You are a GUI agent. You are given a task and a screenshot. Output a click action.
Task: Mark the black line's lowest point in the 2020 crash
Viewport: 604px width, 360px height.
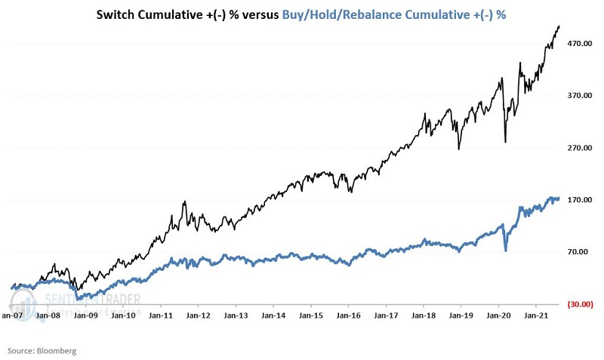[x=505, y=141]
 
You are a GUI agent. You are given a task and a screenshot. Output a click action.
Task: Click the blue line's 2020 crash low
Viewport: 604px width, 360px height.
[x=506, y=250]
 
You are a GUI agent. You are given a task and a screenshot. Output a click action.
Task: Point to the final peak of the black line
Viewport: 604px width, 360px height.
[x=559, y=26]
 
